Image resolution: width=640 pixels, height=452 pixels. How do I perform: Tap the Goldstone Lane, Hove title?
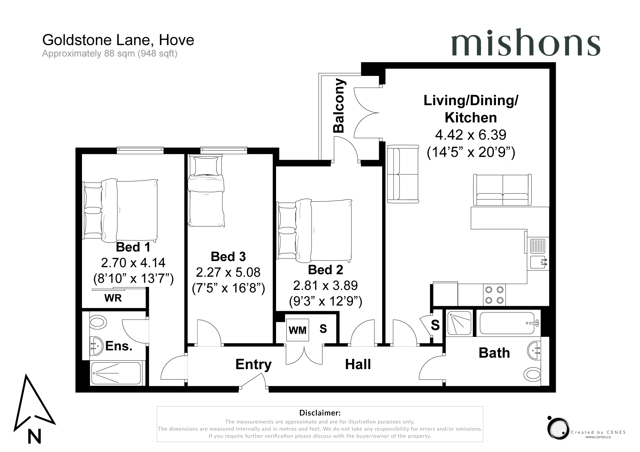coord(118,40)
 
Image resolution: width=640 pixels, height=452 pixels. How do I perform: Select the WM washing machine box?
coord(297,330)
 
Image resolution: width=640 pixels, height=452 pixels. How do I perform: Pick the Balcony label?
coord(339,106)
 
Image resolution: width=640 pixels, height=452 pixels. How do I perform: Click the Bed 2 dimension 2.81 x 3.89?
coord(325,285)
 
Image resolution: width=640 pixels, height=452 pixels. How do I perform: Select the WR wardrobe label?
coord(113,298)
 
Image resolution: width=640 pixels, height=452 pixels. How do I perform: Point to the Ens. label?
coord(119,346)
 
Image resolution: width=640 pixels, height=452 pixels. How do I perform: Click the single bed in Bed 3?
coord(206,191)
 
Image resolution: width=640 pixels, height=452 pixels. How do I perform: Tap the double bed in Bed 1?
coord(121,210)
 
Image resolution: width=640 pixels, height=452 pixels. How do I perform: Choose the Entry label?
coord(253,365)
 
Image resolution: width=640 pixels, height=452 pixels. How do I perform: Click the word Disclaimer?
coord(320,413)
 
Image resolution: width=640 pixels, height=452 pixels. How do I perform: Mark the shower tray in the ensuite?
coord(116,373)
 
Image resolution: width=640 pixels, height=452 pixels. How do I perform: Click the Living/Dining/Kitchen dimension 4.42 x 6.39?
coord(471,135)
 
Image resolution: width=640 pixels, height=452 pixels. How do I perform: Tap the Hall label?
coord(358,364)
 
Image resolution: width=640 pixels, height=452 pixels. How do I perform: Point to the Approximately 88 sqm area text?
coord(110,54)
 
